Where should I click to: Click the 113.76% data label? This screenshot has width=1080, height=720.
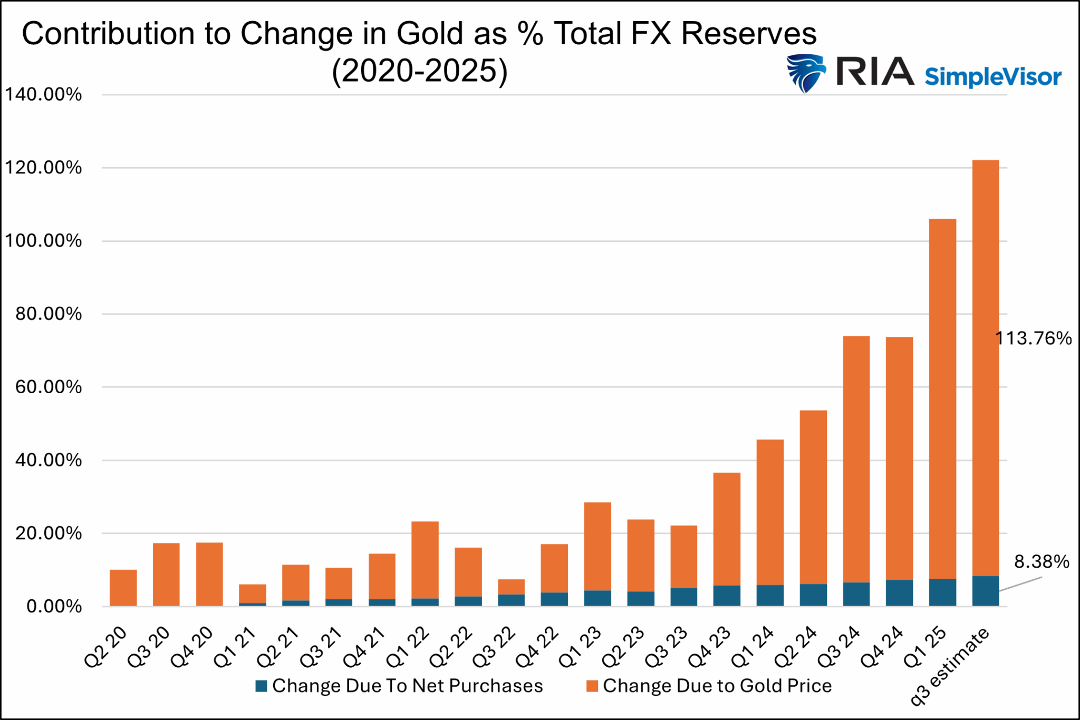click(1033, 338)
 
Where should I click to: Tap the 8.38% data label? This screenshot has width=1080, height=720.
click(1042, 562)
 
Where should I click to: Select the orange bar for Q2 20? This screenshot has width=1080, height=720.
click(123, 588)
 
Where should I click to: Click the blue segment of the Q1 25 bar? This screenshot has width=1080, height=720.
click(942, 592)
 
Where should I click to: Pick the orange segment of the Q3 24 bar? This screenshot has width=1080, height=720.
click(856, 459)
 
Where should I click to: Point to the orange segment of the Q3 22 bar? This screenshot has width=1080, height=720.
click(511, 587)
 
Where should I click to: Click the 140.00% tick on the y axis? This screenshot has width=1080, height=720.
click(43, 95)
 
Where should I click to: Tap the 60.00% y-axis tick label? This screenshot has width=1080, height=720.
click(48, 387)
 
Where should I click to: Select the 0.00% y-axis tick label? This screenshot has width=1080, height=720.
click(53, 606)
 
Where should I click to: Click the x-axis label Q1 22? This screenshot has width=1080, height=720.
click(408, 646)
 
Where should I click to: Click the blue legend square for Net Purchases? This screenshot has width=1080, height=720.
click(261, 686)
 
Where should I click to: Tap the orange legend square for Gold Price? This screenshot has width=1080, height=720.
click(592, 686)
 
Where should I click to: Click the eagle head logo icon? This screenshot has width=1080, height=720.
click(805, 73)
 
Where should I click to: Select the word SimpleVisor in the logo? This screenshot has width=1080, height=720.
click(992, 77)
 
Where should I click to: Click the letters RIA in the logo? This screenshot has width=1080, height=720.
click(874, 71)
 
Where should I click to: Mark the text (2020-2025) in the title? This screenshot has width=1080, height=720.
click(419, 70)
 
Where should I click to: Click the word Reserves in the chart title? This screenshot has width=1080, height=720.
click(748, 34)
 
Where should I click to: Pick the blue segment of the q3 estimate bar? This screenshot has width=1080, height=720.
click(985, 591)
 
